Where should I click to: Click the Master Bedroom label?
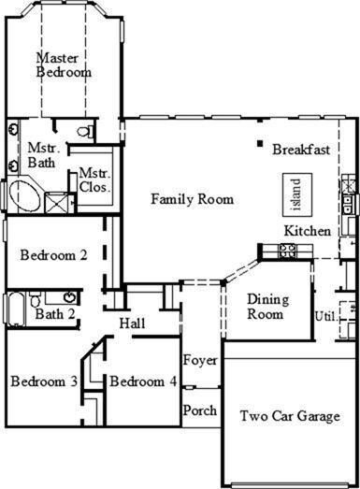tap(64, 65)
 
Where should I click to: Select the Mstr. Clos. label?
tap(94, 180)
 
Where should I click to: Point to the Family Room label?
tap(192, 199)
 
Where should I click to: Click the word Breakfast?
tap(301, 150)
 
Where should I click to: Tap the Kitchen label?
tap(308, 231)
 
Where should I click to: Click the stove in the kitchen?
tap(287, 250)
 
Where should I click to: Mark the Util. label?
tap(325, 315)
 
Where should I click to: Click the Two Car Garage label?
tap(289, 416)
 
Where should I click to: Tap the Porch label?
tap(199, 410)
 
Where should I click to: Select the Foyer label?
tap(199, 360)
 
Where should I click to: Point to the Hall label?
tap(132, 324)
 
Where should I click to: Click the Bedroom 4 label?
tap(142, 381)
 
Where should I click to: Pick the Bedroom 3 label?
tap(44, 381)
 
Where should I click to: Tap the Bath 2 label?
tap(55, 313)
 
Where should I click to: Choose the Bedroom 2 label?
tap(54, 254)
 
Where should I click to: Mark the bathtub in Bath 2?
tap(16, 307)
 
